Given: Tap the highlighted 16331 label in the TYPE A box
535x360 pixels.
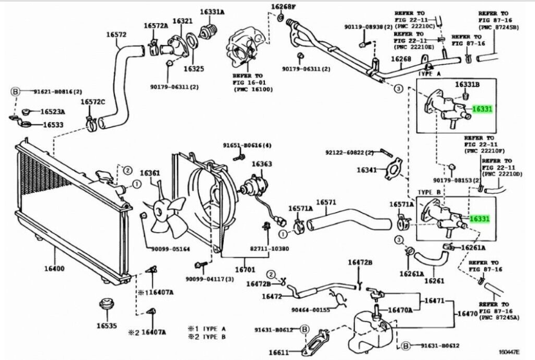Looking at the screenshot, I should (482, 109).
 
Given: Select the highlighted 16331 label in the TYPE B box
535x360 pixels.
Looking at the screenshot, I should (480, 219).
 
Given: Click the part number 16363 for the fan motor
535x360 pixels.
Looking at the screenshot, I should (261, 165).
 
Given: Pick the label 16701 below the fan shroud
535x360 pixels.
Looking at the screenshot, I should (244, 269).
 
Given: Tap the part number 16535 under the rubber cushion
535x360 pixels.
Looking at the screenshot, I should (106, 326).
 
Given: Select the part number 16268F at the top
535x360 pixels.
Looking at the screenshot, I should (283, 7).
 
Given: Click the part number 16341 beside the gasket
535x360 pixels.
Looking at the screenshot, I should (367, 170).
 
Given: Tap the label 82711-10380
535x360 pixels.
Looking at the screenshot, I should (267, 248).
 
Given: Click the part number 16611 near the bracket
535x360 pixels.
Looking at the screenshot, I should (278, 352).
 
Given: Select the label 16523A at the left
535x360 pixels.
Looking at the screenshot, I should (53, 111).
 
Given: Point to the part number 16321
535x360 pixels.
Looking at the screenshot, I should (183, 21).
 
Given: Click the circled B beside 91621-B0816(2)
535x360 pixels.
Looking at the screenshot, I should (15, 91).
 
